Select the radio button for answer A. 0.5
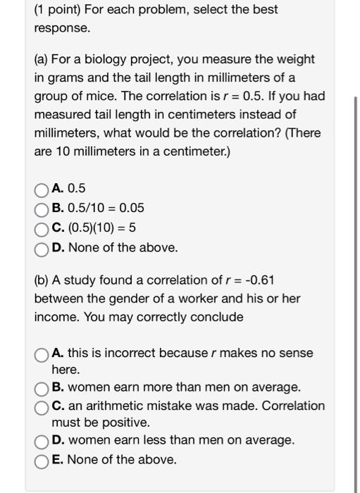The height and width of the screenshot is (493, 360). [42, 189]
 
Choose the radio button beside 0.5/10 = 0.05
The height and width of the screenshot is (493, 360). [42, 208]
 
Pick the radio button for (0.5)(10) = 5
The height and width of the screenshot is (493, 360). [42, 228]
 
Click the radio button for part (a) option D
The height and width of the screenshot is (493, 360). [42, 248]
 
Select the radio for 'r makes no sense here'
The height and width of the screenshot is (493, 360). [42, 354]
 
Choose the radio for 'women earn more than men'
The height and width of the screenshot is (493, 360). [42, 388]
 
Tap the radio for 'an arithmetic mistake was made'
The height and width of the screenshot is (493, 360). [42, 406]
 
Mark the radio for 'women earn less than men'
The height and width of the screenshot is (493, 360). [42, 442]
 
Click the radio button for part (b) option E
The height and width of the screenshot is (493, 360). [42, 460]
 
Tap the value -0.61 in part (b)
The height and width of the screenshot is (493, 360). [259, 280]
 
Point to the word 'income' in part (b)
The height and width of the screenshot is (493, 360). [56, 317]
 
